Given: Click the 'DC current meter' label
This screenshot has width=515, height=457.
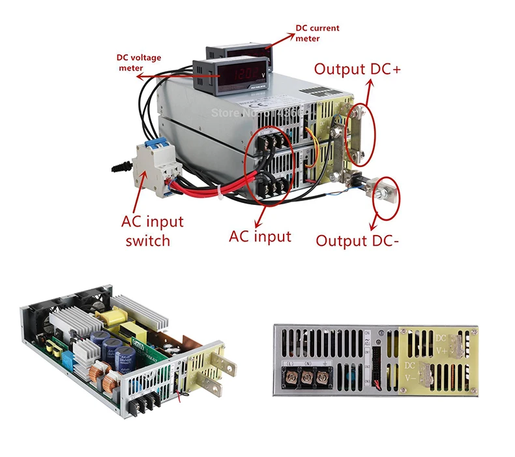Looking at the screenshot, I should pyautogui.click(x=317, y=33).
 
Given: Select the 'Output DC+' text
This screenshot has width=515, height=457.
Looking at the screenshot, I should pyautogui.click(x=358, y=69).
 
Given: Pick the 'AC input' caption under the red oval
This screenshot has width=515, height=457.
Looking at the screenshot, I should pyautogui.click(x=259, y=235).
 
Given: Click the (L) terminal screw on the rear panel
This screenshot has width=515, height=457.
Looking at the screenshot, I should pyautogui.click(x=288, y=377).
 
